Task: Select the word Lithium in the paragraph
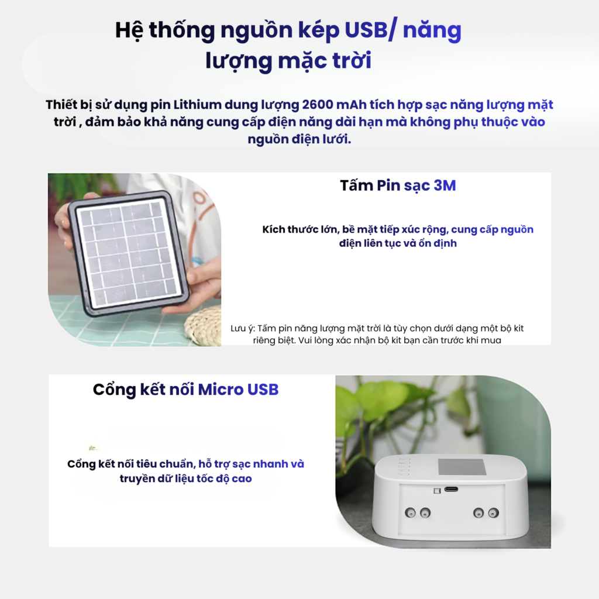[197, 105]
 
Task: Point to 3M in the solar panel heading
[445, 185]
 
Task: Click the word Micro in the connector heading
[221, 390]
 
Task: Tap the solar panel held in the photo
[128, 253]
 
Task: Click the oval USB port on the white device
[451, 490]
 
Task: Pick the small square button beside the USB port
[438, 491]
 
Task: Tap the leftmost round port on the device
[410, 512]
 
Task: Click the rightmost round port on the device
[493, 512]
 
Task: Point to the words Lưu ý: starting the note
[243, 329]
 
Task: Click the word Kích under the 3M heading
[274, 229]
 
